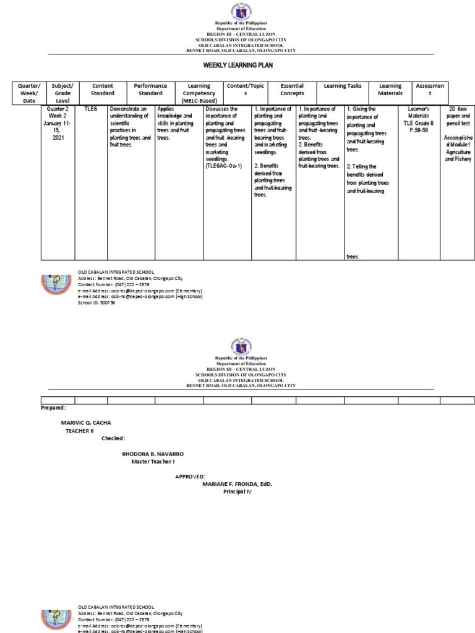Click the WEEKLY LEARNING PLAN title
[x=237, y=64]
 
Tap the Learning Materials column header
[x=390, y=90]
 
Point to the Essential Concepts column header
[x=293, y=90]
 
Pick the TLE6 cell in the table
[x=92, y=109]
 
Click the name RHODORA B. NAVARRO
[x=153, y=454]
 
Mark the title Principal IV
[x=237, y=491]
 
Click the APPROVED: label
[x=190, y=477]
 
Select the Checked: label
[x=114, y=438]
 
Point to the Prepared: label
[x=53, y=408]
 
